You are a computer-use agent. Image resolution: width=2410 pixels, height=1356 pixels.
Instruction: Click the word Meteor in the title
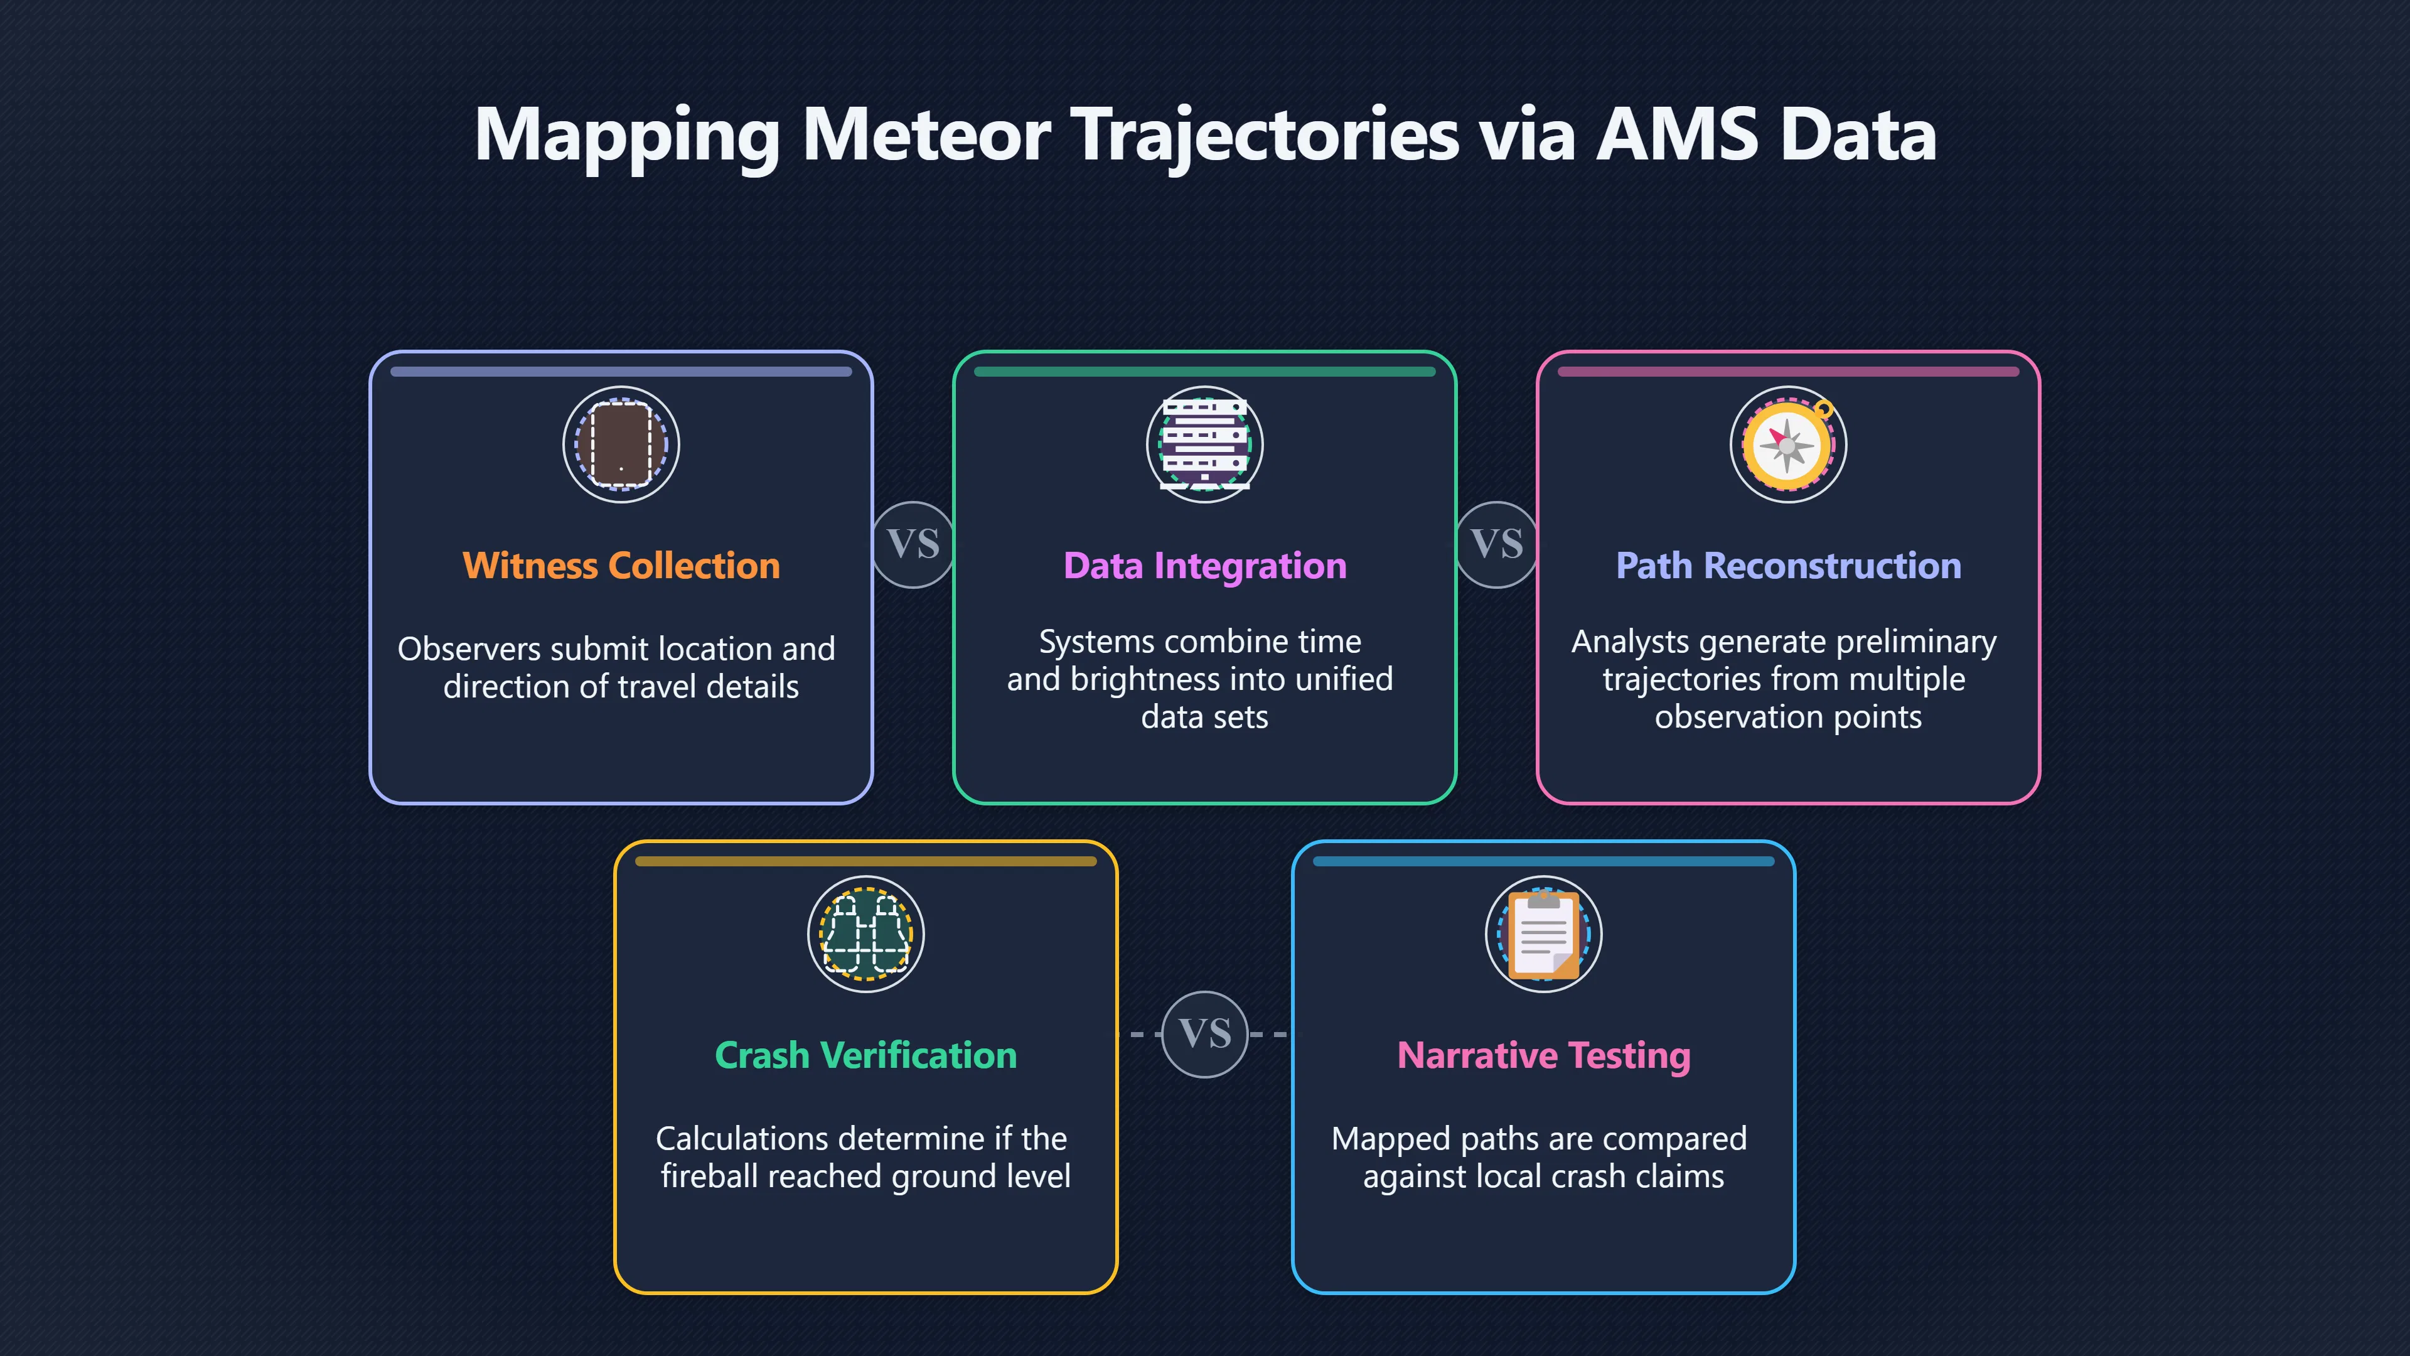[x=926, y=135]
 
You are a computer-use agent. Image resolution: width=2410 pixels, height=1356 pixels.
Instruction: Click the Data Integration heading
[x=1205, y=566]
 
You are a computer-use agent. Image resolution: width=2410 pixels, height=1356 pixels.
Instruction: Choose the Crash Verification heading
[x=866, y=1055]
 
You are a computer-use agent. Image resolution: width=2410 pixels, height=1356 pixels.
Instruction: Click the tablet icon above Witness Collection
[x=621, y=444]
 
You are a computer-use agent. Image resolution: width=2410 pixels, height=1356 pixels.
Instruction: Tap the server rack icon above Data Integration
[x=1205, y=444]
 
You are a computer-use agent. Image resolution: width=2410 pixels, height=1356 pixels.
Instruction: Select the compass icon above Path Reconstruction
[x=1789, y=444]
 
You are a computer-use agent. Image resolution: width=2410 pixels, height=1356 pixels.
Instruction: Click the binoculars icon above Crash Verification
[x=866, y=934]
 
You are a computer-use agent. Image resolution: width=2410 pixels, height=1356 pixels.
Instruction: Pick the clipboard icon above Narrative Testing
[x=1544, y=934]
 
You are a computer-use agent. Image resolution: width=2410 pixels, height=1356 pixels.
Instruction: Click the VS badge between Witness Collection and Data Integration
[x=914, y=544]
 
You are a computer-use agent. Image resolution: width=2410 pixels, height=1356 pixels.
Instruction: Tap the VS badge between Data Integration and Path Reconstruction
[x=1497, y=544]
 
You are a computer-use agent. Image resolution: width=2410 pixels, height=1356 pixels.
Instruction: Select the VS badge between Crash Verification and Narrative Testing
[x=1205, y=1034]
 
